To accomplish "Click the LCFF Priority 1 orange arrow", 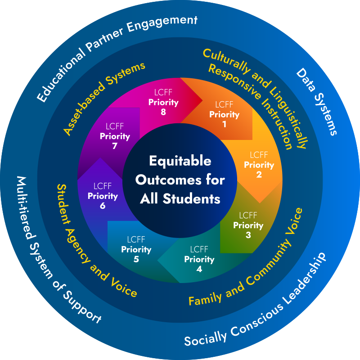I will [x=224, y=114].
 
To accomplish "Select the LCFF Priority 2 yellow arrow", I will [x=259, y=165].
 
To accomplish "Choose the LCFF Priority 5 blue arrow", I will [x=136, y=249].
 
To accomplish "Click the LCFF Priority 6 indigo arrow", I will [x=103, y=196].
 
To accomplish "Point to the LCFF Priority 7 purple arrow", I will [x=114, y=135].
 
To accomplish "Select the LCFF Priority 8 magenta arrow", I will [x=163, y=102].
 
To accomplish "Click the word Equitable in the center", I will [x=180, y=161].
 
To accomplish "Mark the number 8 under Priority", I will [x=163, y=112].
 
